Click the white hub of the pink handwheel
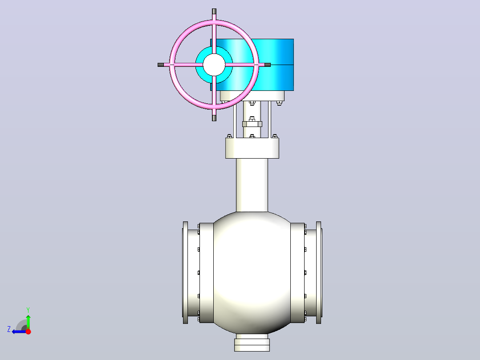coord(214,65)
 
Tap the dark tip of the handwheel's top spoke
coord(214,11)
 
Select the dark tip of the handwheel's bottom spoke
coord(214,118)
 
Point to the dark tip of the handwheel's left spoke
coord(161,65)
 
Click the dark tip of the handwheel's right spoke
coord(268,65)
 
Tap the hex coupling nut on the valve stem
coord(252,124)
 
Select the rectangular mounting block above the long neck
coord(252,148)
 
